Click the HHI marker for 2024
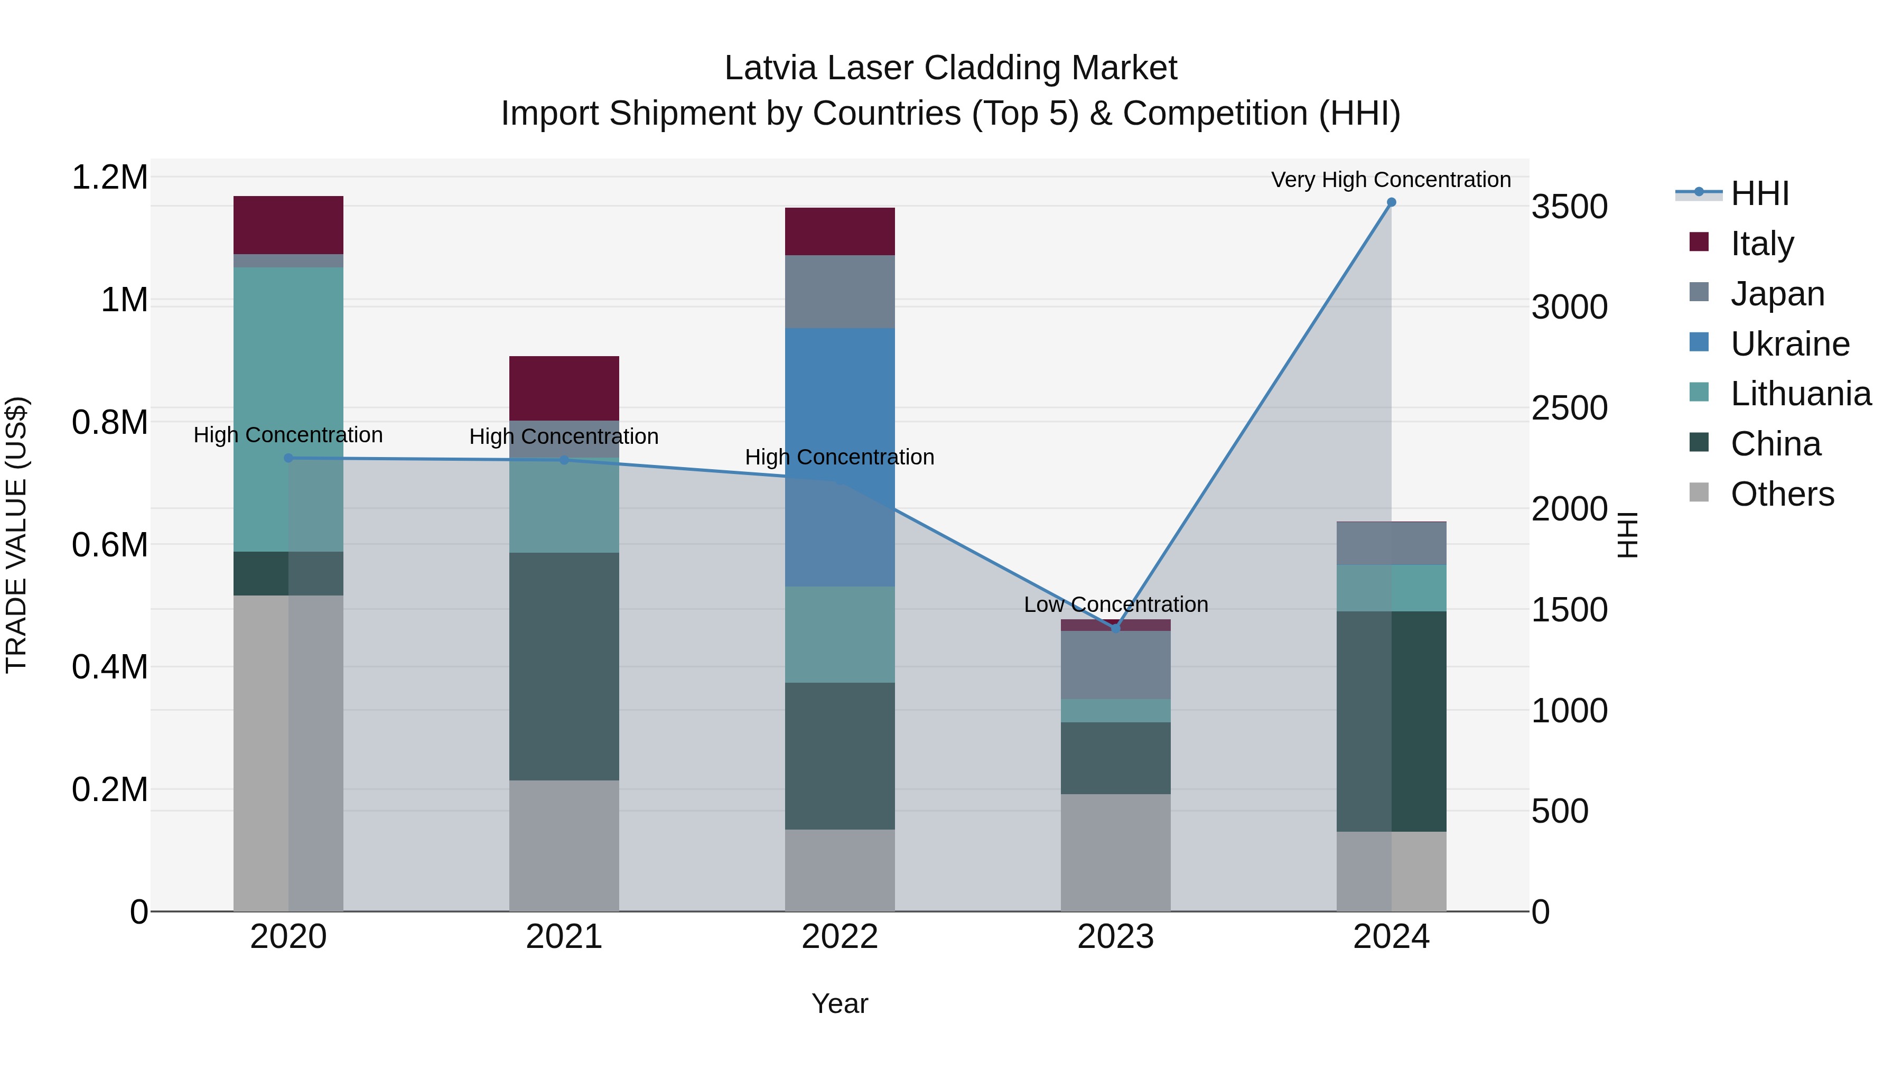pos(1391,202)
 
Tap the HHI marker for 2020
pos(288,458)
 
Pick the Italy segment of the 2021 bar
pos(564,388)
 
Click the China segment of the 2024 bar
pos(1391,721)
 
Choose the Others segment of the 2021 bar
pos(564,845)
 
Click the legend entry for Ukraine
pos(1790,344)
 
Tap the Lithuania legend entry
pos(1800,394)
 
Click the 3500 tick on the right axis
pos(1569,207)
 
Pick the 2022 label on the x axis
pos(840,937)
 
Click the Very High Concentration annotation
pos(1391,180)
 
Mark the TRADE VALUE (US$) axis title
pos(17,535)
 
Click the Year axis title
pos(840,1003)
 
